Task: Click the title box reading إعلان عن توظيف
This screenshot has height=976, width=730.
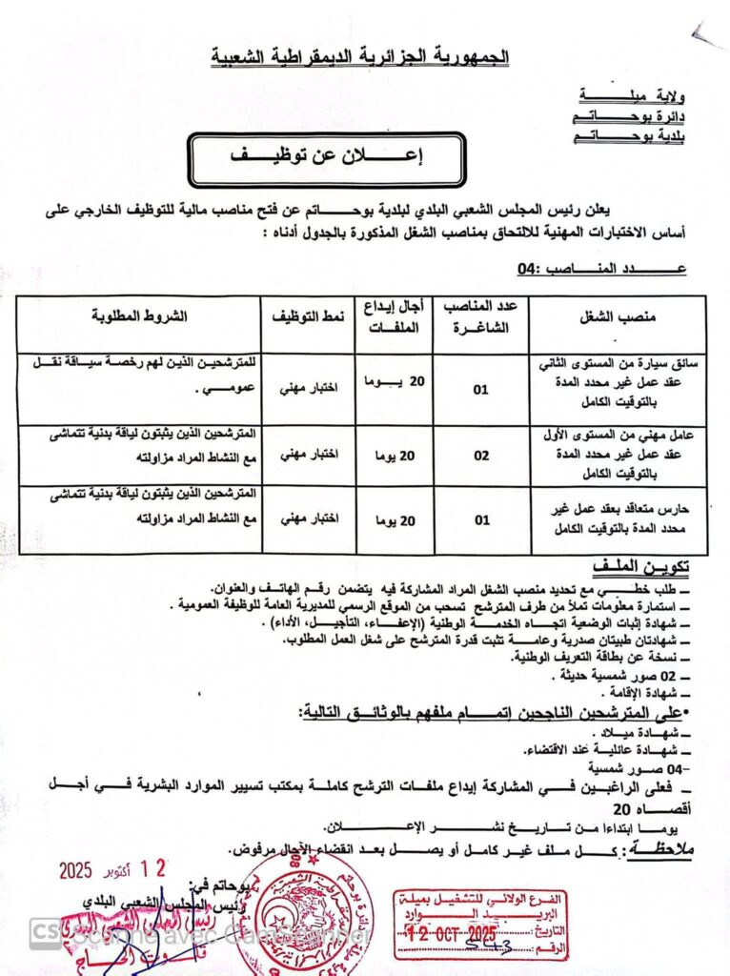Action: click(326, 159)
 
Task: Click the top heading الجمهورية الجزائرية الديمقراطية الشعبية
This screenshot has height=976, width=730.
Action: click(359, 58)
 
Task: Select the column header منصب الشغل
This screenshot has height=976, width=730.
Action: click(618, 315)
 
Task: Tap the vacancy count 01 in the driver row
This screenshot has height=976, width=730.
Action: click(481, 389)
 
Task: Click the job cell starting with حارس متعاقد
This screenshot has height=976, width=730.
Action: click(618, 520)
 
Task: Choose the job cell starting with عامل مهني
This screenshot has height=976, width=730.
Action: click(618, 454)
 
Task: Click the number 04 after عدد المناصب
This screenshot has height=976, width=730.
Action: click(527, 270)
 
